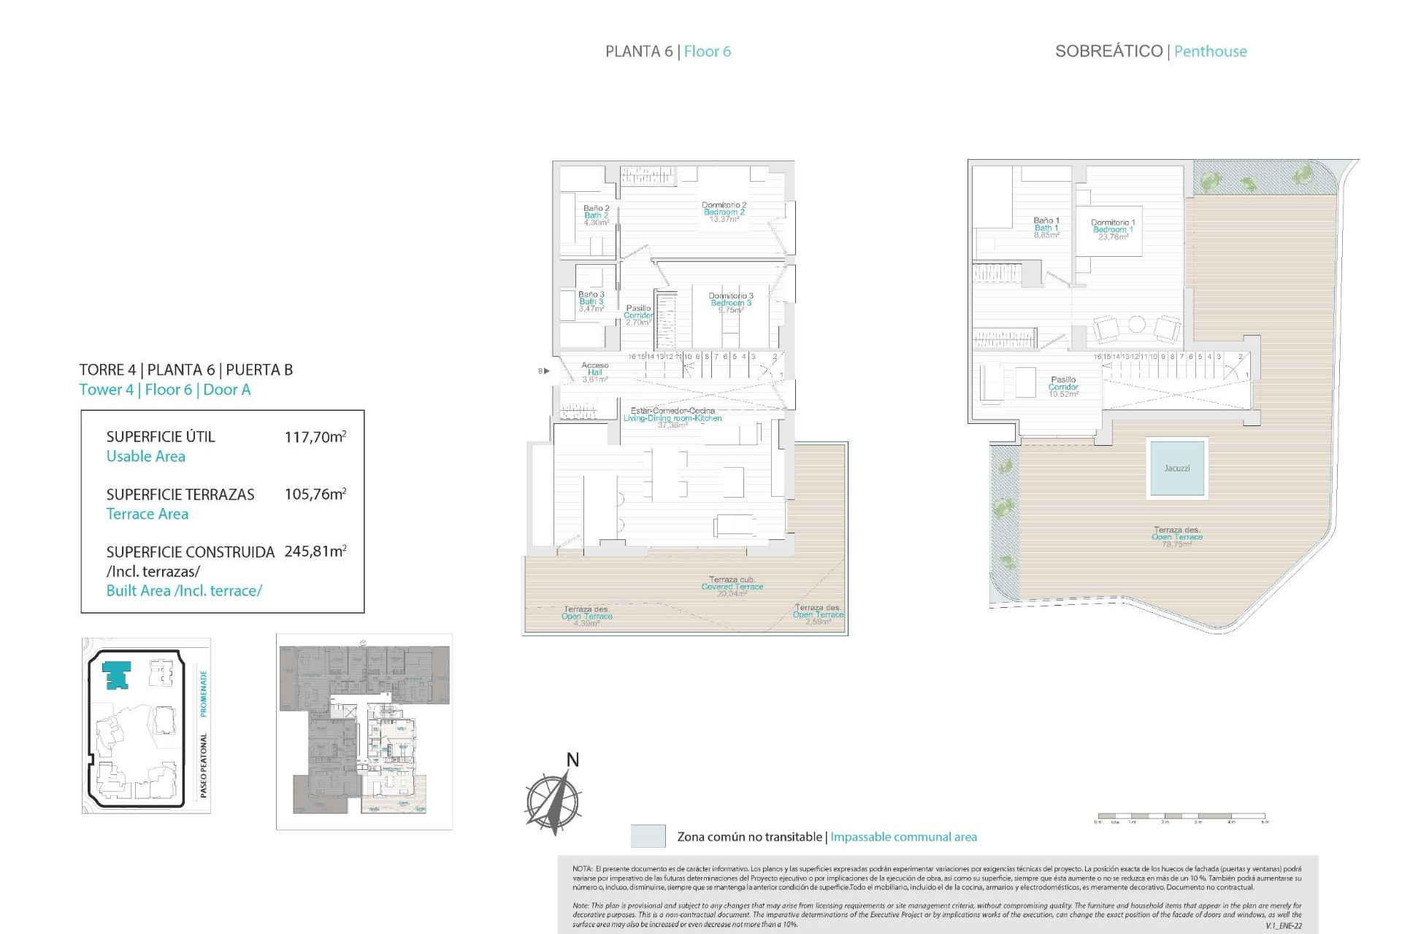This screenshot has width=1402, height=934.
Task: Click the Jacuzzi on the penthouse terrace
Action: click(x=1176, y=468)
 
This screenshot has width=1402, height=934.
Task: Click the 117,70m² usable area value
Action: click(x=315, y=437)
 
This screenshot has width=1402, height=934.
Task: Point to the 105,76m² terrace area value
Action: click(x=315, y=494)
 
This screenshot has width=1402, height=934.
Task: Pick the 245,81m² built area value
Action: click(x=315, y=552)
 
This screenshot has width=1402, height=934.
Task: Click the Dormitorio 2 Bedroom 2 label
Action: click(x=724, y=212)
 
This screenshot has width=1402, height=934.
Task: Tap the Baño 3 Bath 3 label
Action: click(x=591, y=301)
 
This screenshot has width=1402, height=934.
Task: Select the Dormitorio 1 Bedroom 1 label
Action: click(x=1113, y=229)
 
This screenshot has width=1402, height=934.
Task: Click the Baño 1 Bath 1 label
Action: click(x=1046, y=228)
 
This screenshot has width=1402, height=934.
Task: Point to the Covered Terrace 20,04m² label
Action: click(x=732, y=587)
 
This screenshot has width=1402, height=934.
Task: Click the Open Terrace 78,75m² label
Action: click(x=1176, y=537)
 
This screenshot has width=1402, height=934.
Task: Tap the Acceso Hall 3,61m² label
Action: click(x=594, y=372)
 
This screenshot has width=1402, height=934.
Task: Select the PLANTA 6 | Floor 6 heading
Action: click(x=667, y=51)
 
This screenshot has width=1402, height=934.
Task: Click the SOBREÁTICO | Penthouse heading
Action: click(x=1151, y=51)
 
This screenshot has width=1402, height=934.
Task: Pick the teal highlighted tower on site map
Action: click(x=116, y=675)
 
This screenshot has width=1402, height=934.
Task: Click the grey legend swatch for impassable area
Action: click(x=648, y=836)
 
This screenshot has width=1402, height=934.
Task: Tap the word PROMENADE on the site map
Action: click(x=204, y=693)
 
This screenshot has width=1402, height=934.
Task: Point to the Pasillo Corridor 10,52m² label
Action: click(x=1063, y=387)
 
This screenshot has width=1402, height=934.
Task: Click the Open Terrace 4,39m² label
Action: click(x=586, y=617)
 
